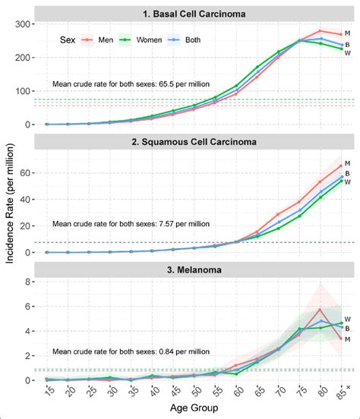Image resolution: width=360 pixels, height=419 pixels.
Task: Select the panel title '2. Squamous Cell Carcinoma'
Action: pyautogui.click(x=192, y=140)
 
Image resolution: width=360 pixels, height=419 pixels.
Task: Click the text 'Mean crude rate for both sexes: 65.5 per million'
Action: pyautogui.click(x=131, y=84)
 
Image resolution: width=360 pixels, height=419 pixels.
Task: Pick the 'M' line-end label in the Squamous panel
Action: pyautogui.click(x=347, y=163)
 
